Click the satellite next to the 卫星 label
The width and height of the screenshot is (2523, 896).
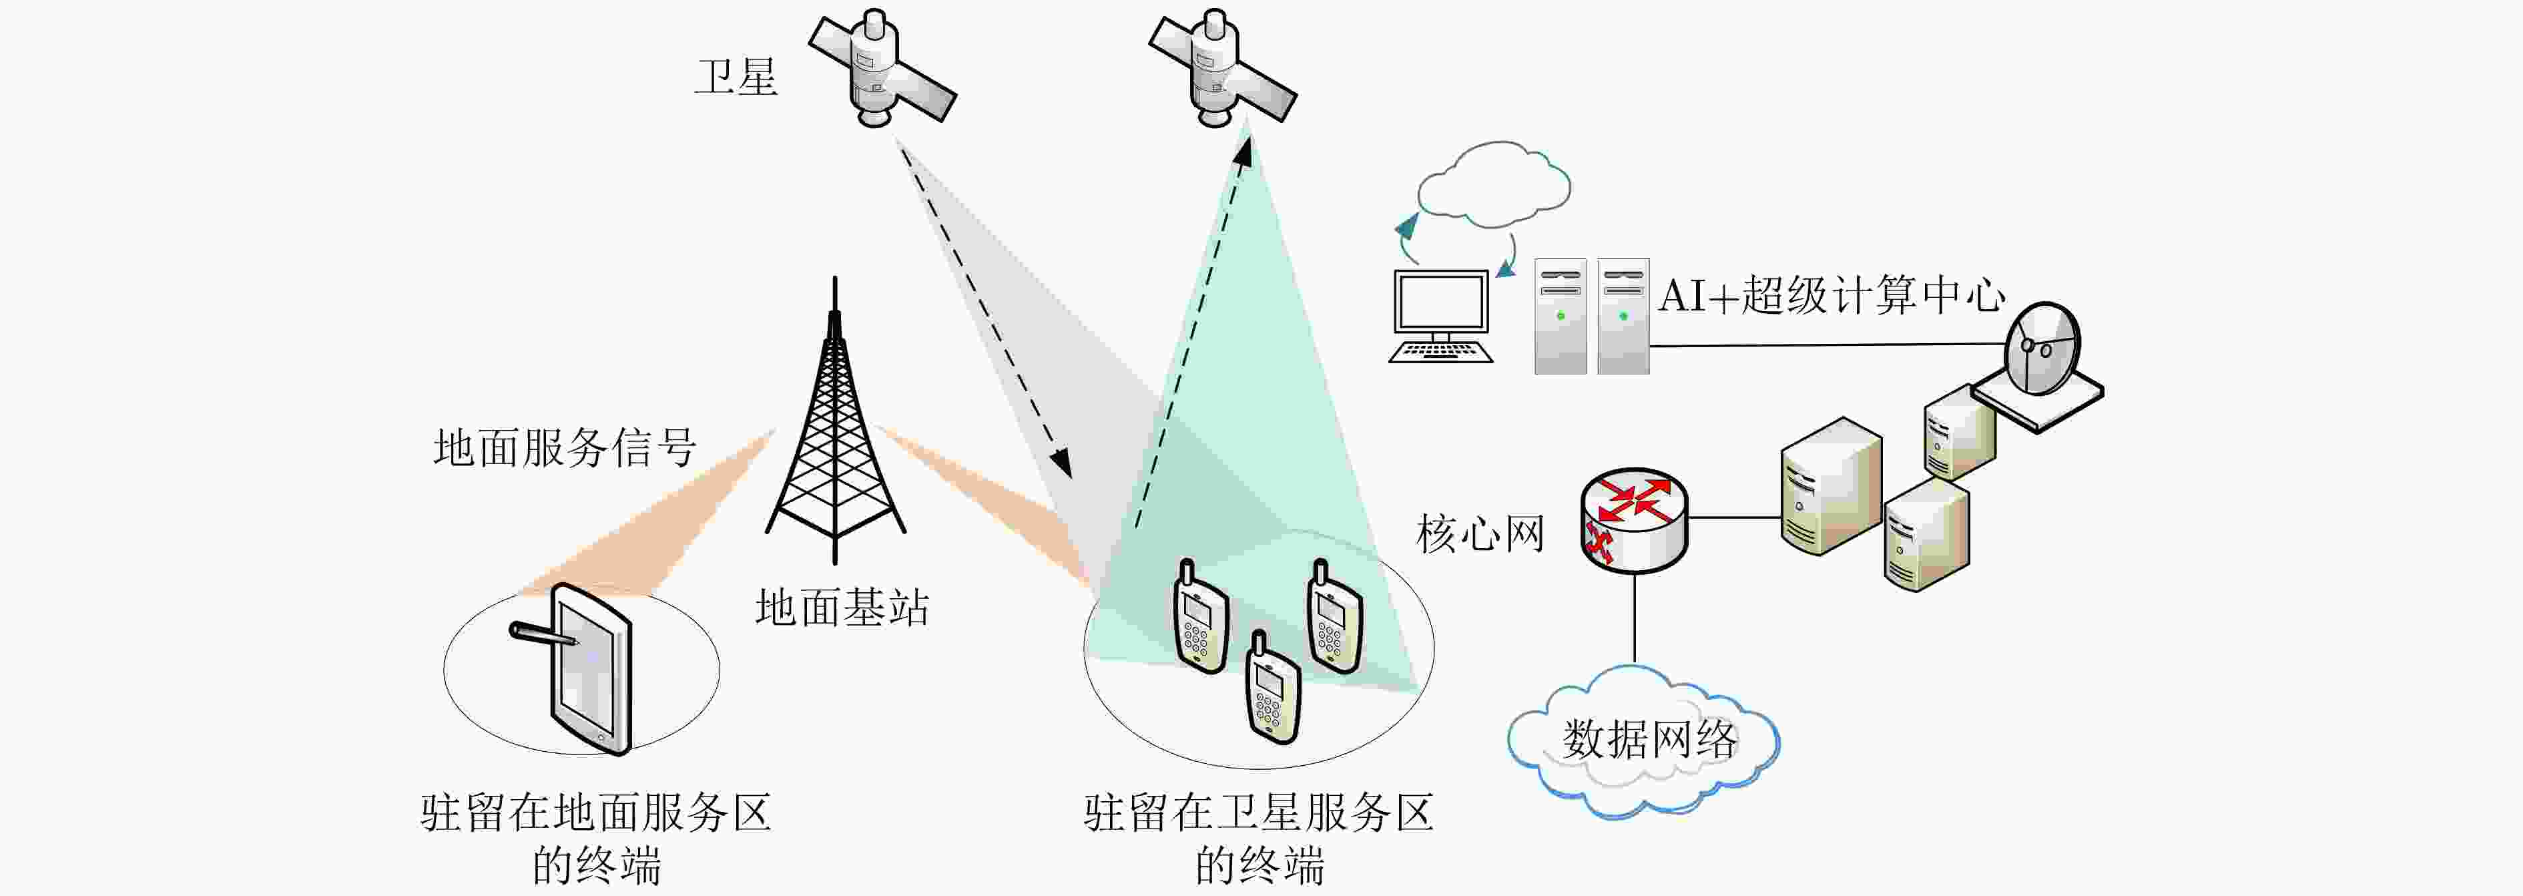[882, 69]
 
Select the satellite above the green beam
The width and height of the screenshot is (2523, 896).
[1222, 69]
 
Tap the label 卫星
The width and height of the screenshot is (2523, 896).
[736, 76]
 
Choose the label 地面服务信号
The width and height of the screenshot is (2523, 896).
[565, 447]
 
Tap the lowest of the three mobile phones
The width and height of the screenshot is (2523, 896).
[1272, 688]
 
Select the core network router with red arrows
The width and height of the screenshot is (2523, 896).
[1634, 519]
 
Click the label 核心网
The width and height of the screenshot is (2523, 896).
[1480, 533]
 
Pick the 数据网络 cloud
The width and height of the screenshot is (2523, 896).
[1643, 741]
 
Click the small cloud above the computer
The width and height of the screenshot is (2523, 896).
[1494, 183]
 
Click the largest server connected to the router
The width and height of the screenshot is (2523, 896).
[1830, 487]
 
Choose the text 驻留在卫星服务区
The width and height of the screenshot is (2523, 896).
[1259, 812]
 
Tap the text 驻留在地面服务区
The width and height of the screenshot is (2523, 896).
[595, 812]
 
